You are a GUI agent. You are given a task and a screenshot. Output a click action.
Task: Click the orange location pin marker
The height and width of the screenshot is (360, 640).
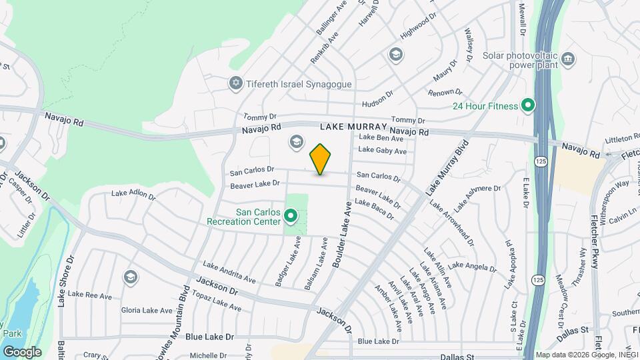coord(321,159)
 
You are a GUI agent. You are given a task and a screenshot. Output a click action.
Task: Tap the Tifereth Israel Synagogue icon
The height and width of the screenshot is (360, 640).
coord(235,84)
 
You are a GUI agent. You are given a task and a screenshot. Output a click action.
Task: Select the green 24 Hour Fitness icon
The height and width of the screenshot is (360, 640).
coord(528,105)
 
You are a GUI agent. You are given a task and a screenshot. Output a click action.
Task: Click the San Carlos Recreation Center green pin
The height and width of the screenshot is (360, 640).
coord(290,216)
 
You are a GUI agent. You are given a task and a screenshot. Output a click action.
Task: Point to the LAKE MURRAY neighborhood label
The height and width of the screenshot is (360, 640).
coord(353,127)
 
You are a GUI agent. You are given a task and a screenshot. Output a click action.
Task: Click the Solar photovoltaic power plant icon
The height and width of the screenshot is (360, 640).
coord(568,59)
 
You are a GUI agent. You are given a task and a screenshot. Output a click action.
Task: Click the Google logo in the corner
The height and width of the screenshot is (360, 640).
coord(22,351)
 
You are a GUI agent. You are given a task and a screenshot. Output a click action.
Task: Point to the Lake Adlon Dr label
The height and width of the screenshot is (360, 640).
coord(133,195)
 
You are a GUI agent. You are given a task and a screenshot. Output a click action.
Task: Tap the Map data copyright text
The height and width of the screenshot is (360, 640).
coord(587,355)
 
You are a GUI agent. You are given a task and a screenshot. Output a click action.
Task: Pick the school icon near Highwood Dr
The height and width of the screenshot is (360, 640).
coord(395,54)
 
